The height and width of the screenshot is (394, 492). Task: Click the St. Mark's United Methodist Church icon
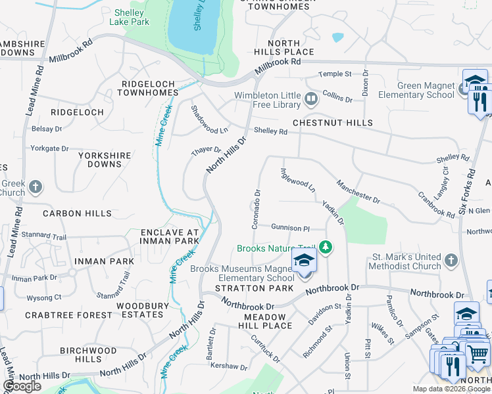tap(451, 261)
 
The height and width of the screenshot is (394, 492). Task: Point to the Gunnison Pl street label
tap(290, 227)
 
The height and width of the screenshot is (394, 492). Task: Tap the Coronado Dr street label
tap(257, 209)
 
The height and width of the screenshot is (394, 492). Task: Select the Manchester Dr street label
tap(358, 191)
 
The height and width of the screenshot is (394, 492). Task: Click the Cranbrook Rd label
tap(436, 205)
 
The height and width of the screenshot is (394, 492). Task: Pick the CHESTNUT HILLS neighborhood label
tap(332, 123)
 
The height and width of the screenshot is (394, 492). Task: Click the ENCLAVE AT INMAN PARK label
tap(169, 236)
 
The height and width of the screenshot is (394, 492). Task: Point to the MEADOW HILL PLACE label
tap(268, 321)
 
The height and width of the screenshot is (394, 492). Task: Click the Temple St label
tap(335, 74)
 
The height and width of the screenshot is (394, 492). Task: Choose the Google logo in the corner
tap(22, 386)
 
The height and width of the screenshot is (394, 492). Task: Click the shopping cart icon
tap(477, 354)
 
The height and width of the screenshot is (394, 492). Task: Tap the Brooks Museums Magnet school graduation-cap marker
tap(304, 261)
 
